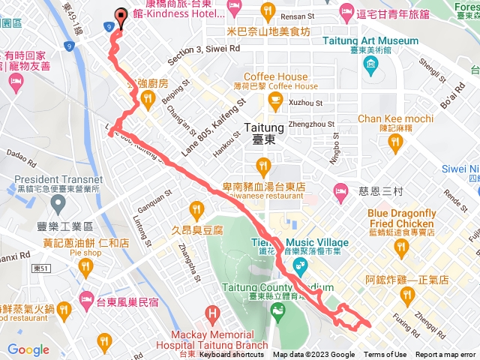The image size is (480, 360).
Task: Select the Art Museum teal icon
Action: click(x=372, y=64)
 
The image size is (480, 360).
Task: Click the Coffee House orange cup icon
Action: click(x=275, y=99)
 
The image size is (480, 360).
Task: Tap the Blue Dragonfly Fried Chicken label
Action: click(x=402, y=218)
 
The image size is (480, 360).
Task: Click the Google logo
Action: click(x=28, y=349)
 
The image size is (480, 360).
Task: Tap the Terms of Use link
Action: click(x=385, y=355)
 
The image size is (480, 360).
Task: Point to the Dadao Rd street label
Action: click(x=21, y=160)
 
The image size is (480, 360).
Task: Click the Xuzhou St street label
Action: click(x=305, y=102)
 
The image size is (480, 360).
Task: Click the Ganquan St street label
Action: click(x=154, y=197)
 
